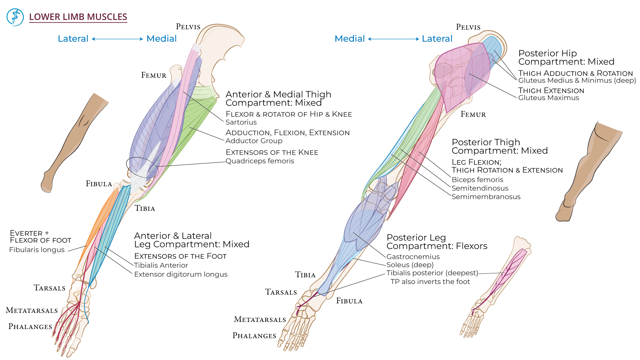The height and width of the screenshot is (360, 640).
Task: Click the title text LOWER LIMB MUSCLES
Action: click(x=78, y=17)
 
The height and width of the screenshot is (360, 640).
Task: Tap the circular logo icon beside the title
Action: click(x=15, y=17)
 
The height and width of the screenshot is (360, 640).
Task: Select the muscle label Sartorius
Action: click(x=241, y=122)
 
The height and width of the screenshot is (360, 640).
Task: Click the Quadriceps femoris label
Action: click(x=260, y=161)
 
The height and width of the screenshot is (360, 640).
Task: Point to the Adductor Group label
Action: click(x=254, y=141)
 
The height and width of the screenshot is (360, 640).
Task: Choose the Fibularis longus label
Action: click(x=37, y=250)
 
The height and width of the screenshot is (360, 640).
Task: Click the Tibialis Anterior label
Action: click(x=161, y=265)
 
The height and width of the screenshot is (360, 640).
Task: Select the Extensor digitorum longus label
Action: click(x=181, y=274)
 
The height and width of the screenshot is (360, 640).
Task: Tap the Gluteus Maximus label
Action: click(x=548, y=98)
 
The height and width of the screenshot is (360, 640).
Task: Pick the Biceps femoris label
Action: click(x=477, y=180)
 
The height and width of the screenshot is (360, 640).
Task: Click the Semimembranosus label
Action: click(x=486, y=197)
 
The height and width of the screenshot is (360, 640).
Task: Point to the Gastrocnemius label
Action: click(x=413, y=257)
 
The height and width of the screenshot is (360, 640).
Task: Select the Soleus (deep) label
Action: click(x=410, y=265)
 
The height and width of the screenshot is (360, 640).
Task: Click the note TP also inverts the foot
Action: click(x=430, y=282)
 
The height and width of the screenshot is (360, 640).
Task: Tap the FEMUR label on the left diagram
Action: click(x=154, y=75)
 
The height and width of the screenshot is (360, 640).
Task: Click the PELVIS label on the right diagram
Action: click(x=468, y=27)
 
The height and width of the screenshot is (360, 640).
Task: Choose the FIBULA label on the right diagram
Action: click(x=349, y=301)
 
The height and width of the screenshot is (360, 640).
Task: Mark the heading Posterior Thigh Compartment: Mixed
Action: click(x=499, y=146)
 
